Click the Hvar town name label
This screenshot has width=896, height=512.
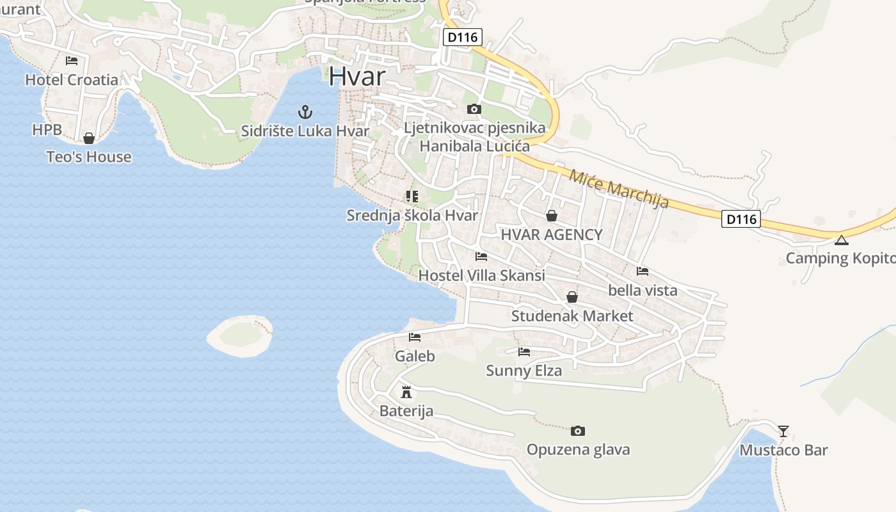tap(357, 77)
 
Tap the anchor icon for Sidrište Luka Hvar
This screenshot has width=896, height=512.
tap(305, 112)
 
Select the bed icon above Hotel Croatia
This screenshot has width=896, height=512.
tap(72, 61)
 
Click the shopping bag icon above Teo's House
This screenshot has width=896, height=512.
tap(89, 138)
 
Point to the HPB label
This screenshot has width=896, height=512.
tap(47, 130)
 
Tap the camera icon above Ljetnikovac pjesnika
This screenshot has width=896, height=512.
tap(474, 109)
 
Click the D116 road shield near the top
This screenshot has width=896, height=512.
tap(462, 37)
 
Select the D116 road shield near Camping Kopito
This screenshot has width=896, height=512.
tap(741, 220)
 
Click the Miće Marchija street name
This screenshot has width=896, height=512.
tap(619, 189)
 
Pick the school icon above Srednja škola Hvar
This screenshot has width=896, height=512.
tap(412, 196)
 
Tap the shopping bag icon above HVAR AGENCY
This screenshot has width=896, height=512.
tap(552, 216)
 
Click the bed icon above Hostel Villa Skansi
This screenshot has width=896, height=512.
tap(481, 257)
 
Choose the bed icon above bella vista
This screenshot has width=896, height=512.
tap(643, 271)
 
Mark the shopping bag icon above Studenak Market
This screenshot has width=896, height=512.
tap(572, 297)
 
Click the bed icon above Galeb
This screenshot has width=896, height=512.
tap(415, 337)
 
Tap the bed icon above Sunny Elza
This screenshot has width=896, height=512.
tap(524, 351)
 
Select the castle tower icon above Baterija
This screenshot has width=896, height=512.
tap(406, 392)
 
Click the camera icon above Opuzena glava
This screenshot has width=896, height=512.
tap(578, 431)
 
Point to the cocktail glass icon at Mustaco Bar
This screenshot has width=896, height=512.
tap(783, 431)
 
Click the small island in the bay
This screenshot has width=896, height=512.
tap(241, 335)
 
